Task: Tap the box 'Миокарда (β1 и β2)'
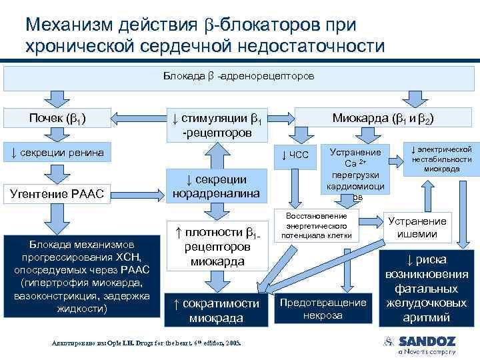[383, 119]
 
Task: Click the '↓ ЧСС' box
[295, 155]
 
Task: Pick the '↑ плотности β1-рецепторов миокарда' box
[217, 246]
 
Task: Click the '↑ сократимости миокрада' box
[217, 310]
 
